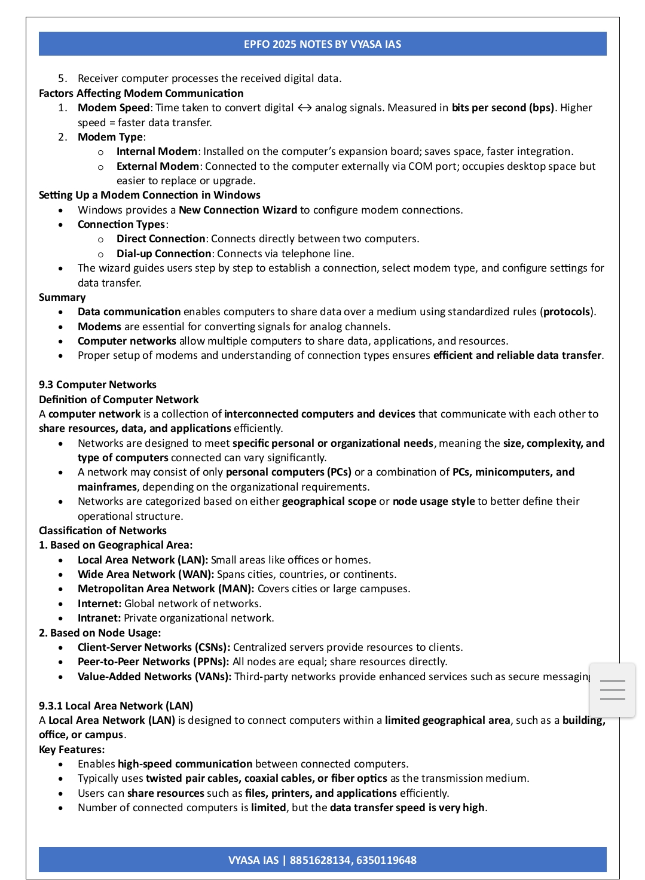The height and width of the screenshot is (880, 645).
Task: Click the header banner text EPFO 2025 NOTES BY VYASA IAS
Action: (322, 44)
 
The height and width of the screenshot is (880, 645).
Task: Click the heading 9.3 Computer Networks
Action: (97, 385)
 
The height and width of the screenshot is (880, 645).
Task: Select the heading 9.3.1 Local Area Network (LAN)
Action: (116, 706)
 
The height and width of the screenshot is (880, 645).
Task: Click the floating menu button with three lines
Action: (612, 690)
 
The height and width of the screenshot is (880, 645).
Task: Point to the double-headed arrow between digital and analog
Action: (304, 108)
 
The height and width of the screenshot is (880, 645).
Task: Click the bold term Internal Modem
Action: (157, 152)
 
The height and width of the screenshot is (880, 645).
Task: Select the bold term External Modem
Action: (157, 166)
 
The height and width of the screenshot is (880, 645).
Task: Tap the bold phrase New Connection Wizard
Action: (237, 210)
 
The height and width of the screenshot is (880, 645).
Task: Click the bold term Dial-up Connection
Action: (164, 254)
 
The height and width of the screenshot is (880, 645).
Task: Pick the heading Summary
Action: (62, 297)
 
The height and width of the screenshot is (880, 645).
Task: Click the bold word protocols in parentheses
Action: (567, 312)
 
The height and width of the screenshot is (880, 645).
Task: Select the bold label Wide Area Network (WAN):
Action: (146, 574)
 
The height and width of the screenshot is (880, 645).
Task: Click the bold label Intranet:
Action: (99, 618)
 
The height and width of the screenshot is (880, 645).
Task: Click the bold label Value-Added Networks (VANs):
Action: (154, 677)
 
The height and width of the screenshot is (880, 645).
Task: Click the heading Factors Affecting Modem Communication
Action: (141, 93)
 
